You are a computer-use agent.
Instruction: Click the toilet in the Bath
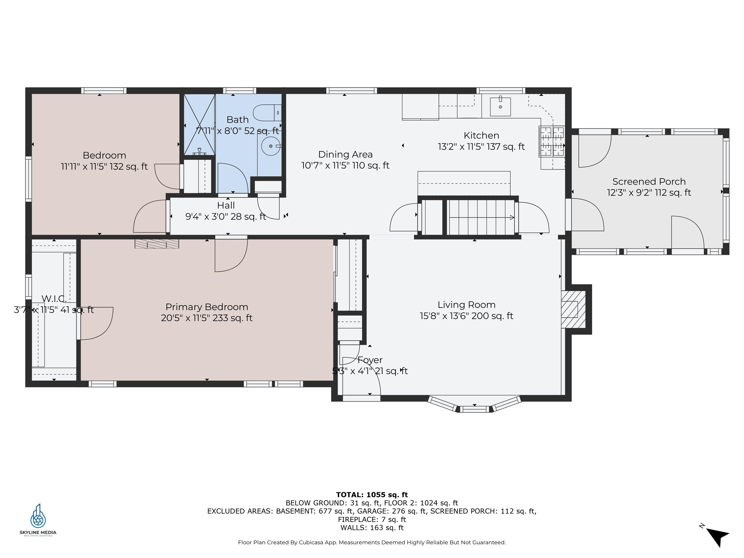[267, 113]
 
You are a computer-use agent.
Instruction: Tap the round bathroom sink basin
[271, 146]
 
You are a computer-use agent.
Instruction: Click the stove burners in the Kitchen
[552, 141]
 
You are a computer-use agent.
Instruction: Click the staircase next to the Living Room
[481, 217]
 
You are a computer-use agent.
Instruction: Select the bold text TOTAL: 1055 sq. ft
[372, 495]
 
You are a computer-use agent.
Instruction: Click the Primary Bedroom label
[207, 307]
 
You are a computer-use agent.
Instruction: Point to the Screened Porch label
[649, 182]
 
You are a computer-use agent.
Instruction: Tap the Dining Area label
[345, 154]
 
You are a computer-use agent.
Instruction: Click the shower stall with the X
[200, 125]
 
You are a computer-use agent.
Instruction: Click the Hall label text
[226, 205]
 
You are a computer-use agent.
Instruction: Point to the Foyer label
[370, 360]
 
